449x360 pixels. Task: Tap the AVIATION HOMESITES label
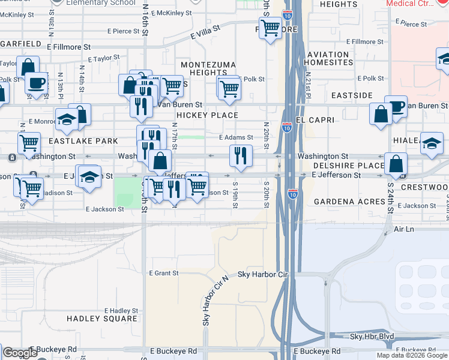tap(328, 59)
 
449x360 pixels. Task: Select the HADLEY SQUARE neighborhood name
tap(102, 319)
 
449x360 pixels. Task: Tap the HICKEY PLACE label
tap(207, 115)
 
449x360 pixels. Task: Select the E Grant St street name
tap(163, 274)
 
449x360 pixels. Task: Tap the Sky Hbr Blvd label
tap(372, 337)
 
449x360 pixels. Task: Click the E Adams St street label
tap(236, 137)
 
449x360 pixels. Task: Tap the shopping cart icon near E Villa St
tap(271, 28)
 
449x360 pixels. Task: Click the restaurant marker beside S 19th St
tap(241, 156)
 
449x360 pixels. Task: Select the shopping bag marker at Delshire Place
tap(396, 164)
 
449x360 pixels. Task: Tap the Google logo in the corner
tap(20, 353)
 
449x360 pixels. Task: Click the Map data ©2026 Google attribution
tap(412, 355)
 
